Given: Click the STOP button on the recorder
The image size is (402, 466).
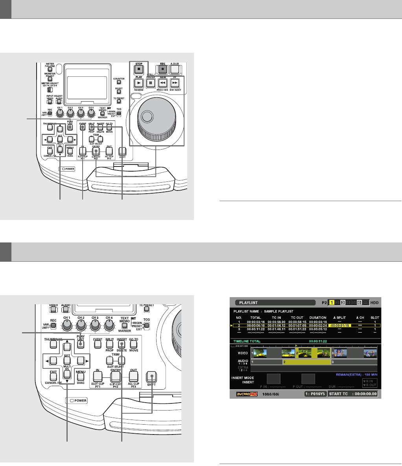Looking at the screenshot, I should pos(139,69).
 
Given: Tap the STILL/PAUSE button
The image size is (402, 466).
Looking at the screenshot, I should pos(150,83).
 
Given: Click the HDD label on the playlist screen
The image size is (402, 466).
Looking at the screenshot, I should pos(374,302).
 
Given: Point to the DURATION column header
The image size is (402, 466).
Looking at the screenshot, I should pos(318,317).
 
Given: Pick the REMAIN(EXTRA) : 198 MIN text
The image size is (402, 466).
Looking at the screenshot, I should pos(352,374).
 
